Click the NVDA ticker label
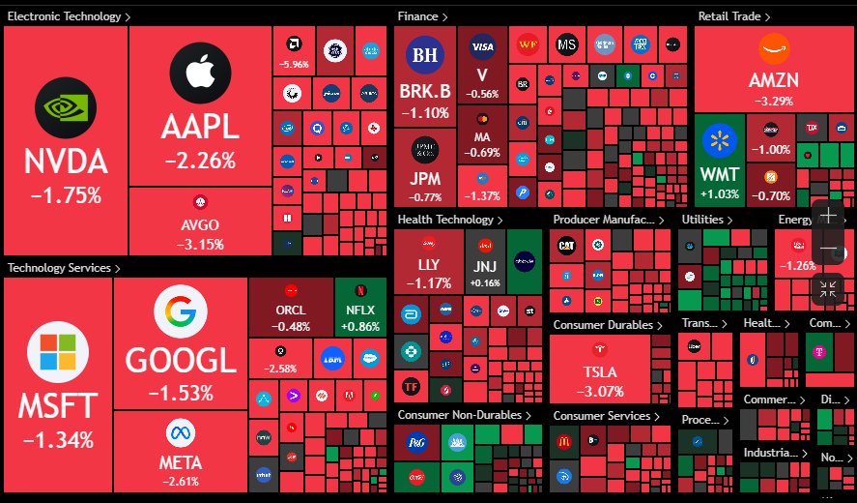pyautogui.click(x=66, y=162)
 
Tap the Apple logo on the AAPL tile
pyautogui.click(x=199, y=73)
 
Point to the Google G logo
pyautogui.click(x=181, y=312)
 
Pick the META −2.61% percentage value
pyautogui.click(x=181, y=482)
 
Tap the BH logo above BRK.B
pyautogui.click(x=424, y=55)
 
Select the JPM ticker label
pyautogui.click(x=425, y=180)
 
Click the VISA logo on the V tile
pyautogui.click(x=482, y=46)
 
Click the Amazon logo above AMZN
pyautogui.click(x=773, y=49)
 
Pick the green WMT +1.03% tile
pyautogui.click(x=720, y=160)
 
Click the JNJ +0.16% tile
pyautogui.click(x=485, y=266)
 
